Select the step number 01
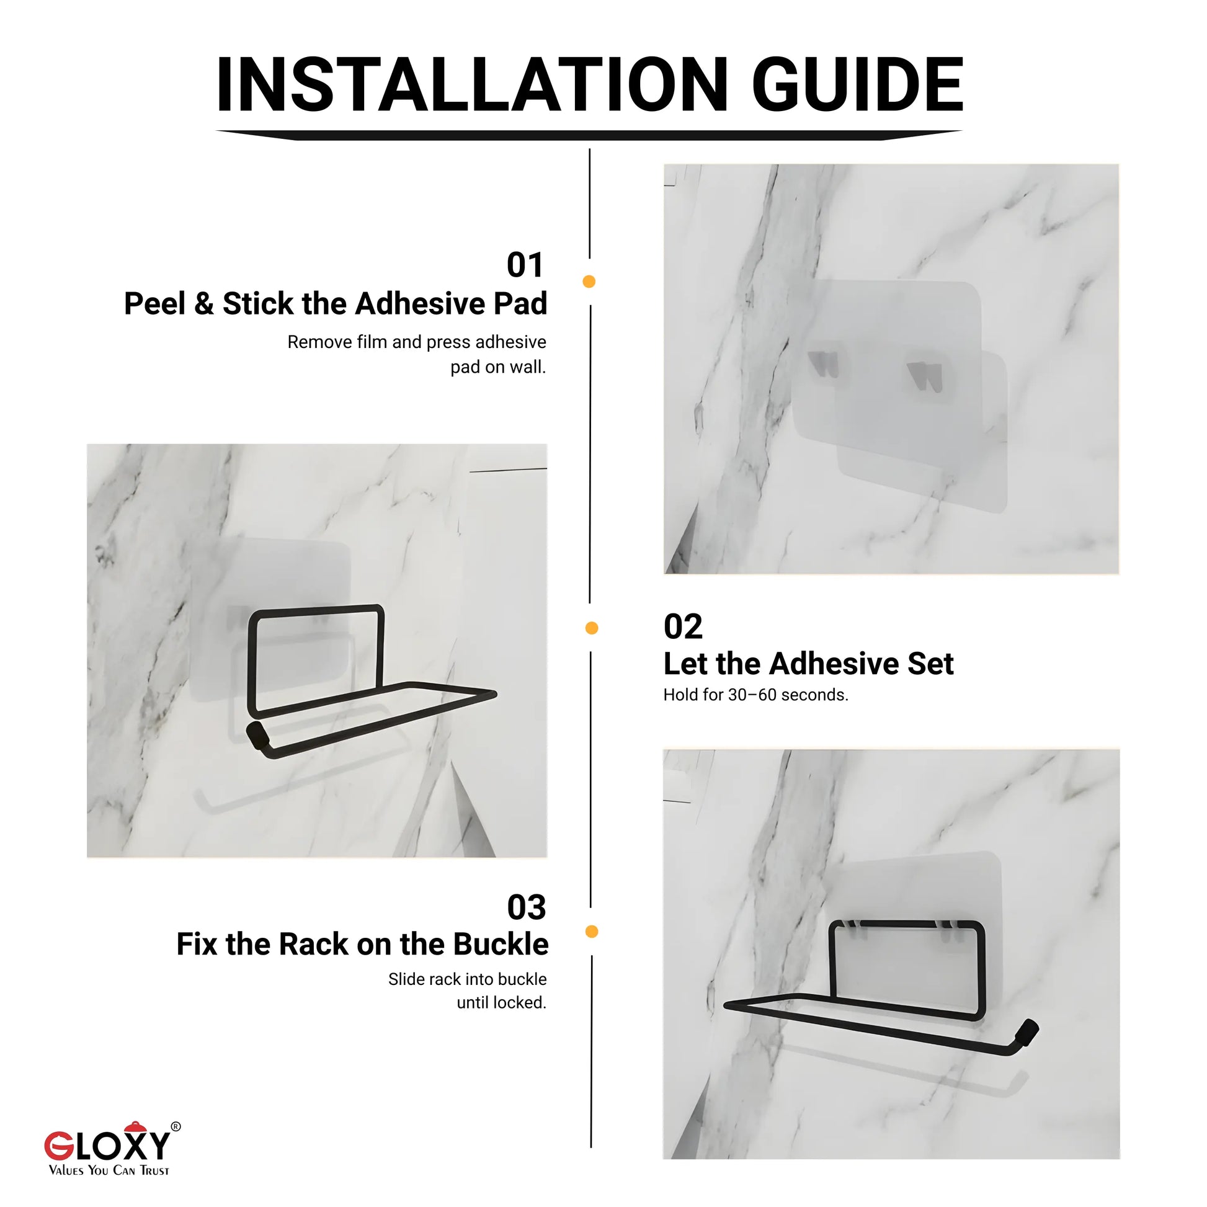(525, 265)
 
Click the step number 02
(683, 626)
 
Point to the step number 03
(526, 907)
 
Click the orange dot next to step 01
(589, 282)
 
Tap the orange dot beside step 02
(592, 628)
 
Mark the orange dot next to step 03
(592, 932)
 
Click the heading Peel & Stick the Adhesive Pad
(336, 304)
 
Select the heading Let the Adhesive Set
(808, 664)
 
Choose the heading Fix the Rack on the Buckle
(362, 944)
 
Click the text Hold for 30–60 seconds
(755, 695)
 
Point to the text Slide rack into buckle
(466, 979)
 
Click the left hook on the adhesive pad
(824, 364)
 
